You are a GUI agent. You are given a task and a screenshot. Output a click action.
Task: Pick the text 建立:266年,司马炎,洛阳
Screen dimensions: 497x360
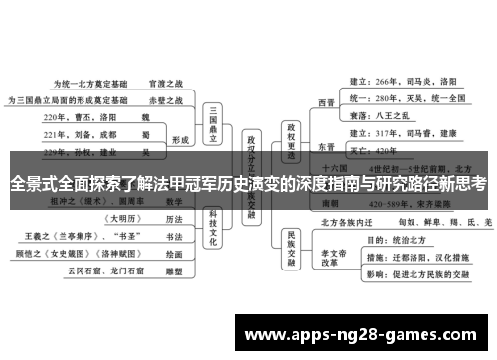pos(404,81)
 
